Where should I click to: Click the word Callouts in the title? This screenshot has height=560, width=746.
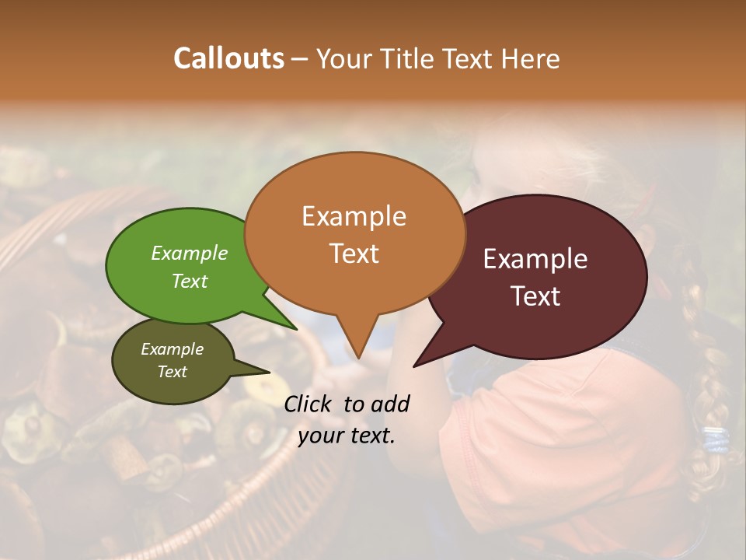point(228,58)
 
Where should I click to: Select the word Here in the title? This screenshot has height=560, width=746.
point(532,58)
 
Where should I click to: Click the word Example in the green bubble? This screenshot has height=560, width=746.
point(189,254)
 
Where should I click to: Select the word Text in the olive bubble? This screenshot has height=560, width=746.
point(172,372)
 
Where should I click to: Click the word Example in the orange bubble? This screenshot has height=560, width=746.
point(354,216)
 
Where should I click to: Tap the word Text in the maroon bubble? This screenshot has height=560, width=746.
point(535,296)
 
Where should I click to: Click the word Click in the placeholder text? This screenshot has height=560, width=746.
point(309,404)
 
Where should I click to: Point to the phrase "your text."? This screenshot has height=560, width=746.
point(347,436)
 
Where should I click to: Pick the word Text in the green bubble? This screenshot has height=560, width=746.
point(189,281)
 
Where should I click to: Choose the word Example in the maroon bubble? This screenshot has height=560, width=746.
point(535,259)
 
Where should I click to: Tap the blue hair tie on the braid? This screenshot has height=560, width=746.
point(716,440)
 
